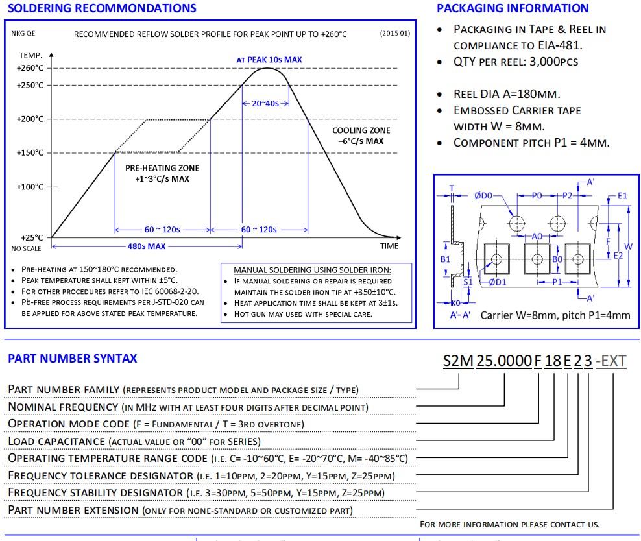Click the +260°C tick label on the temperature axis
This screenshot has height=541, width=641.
(30, 68)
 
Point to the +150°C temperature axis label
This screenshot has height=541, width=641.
(30, 153)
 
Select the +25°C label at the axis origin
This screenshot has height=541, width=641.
(32, 237)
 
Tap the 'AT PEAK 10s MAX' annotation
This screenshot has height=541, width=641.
(269, 60)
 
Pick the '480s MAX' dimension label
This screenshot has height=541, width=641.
(146, 246)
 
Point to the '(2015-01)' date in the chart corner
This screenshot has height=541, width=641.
(394, 34)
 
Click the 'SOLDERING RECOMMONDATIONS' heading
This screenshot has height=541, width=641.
(101, 8)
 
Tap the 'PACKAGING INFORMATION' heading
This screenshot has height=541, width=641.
(513, 8)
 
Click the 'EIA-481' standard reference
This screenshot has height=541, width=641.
(559, 45)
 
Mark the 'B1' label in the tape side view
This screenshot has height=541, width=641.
(446, 259)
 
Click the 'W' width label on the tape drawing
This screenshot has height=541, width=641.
(628, 246)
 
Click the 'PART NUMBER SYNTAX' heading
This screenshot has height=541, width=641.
(72, 358)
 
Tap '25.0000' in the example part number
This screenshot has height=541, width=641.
(504, 361)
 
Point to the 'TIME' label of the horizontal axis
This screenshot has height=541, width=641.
(389, 246)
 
